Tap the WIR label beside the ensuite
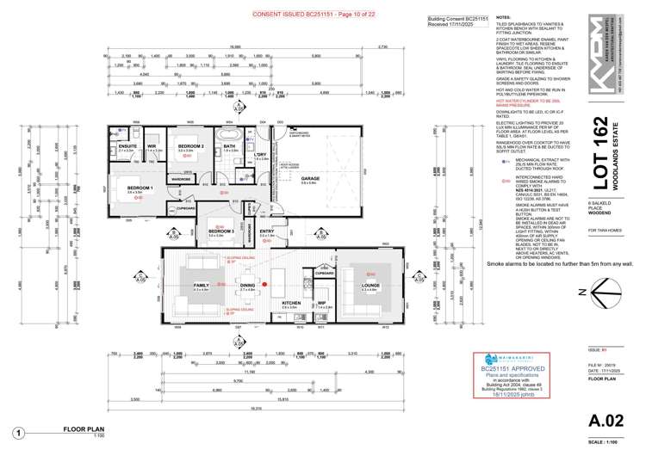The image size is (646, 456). pyautogui.click(x=152, y=146)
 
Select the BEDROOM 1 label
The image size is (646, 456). pyautogui.click(x=140, y=188)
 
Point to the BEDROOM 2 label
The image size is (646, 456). pyautogui.click(x=190, y=146)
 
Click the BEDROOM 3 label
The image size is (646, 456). pyautogui.click(x=221, y=231)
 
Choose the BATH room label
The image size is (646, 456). pyautogui.click(x=229, y=146)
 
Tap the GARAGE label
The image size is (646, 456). pyautogui.click(x=309, y=179)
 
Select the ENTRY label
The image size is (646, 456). pyautogui.click(x=266, y=231)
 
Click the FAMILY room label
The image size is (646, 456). pyautogui.click(x=201, y=285)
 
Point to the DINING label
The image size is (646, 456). pyautogui.click(x=247, y=285)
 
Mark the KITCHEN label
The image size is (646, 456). pyautogui.click(x=290, y=303)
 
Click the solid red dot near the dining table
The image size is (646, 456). pyautogui.click(x=266, y=283)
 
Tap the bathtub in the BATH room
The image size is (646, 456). pyautogui.click(x=230, y=136)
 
